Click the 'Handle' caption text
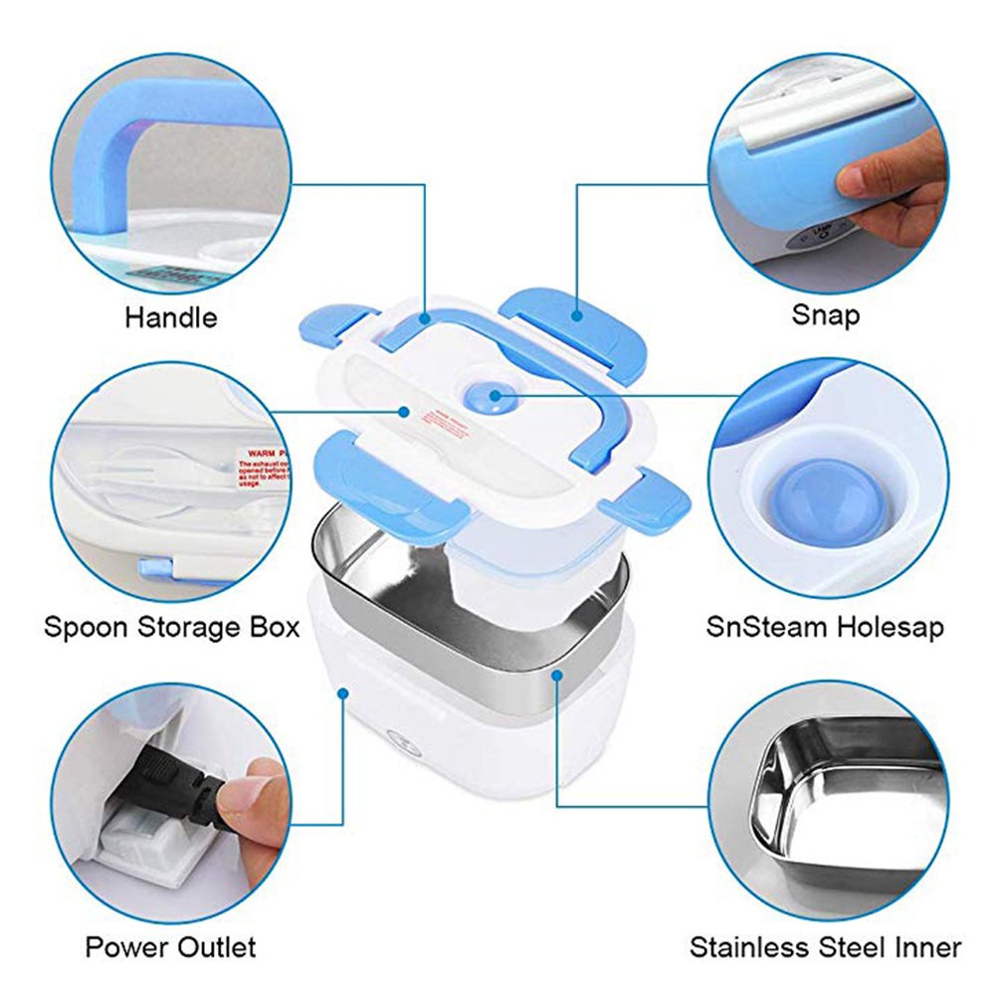[170, 318]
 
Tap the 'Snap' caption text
[825, 315]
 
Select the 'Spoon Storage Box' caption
[171, 628]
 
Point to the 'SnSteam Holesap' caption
[825, 627]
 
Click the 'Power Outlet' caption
[170, 945]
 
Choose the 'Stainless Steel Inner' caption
[825, 946]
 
